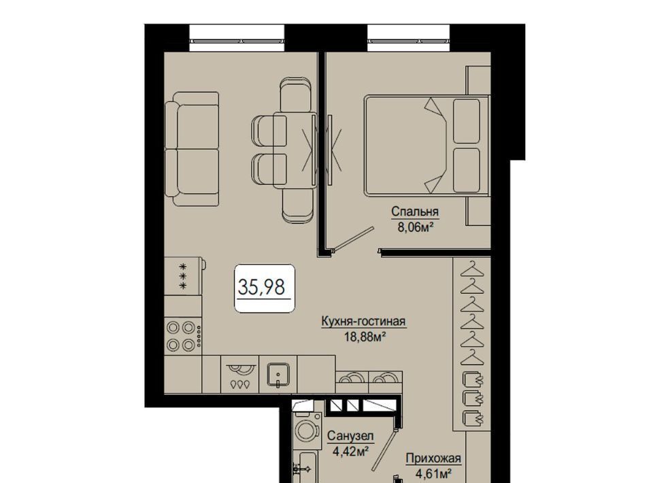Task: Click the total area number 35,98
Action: pyautogui.click(x=261, y=286)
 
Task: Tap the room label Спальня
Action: pyautogui.click(x=415, y=212)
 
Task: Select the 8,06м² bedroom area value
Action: pyautogui.click(x=415, y=227)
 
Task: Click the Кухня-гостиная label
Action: pyautogui.click(x=363, y=322)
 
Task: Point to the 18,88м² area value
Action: pyautogui.click(x=364, y=337)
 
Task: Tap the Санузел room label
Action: pyautogui.click(x=350, y=436)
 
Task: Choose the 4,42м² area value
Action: pyautogui.click(x=351, y=451)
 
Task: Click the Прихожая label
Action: pyautogui.click(x=433, y=459)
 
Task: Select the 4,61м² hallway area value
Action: pyautogui.click(x=433, y=474)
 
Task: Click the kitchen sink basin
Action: pyautogui.click(x=278, y=374)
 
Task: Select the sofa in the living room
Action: pyautogui.click(x=192, y=149)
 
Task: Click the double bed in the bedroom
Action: pyautogui.click(x=427, y=146)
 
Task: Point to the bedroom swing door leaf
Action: pyautogui.click(x=354, y=239)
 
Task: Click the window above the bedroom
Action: pyautogui.click(x=409, y=38)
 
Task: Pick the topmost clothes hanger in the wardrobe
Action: pyautogui.click(x=472, y=269)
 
